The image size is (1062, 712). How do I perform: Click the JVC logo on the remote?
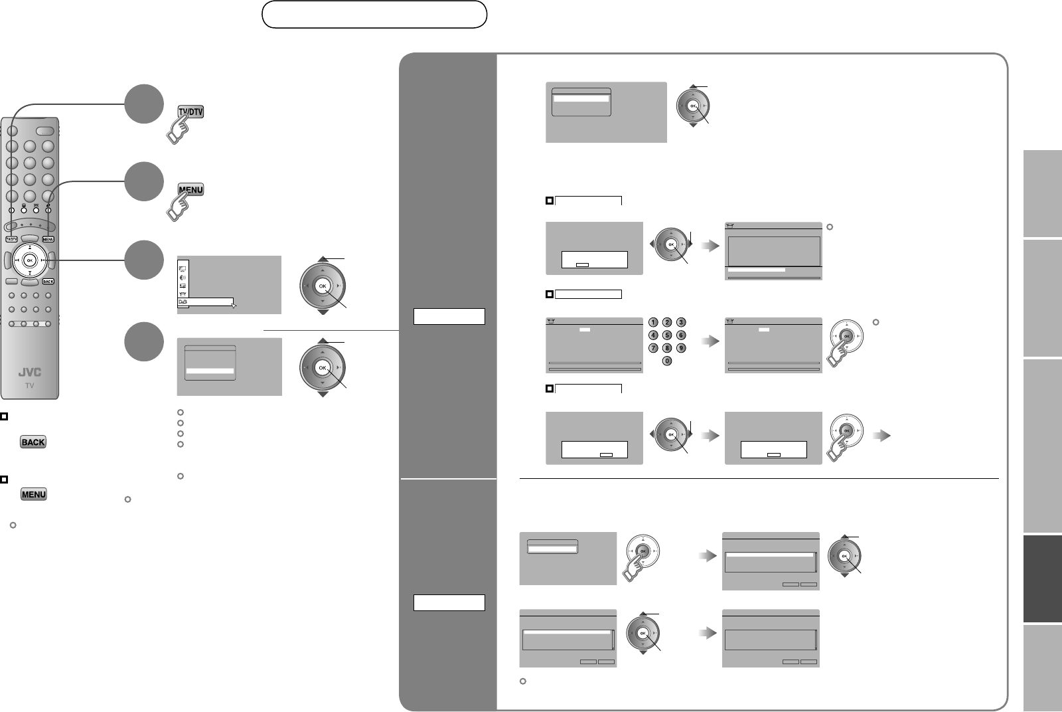click(x=29, y=373)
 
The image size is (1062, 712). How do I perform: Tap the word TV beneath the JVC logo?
click(x=29, y=385)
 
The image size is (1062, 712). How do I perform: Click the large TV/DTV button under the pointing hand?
click(x=190, y=112)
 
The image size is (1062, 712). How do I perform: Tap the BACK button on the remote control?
click(x=48, y=281)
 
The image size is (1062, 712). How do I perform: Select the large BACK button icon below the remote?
click(x=33, y=442)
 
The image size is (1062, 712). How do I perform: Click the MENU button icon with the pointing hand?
click(x=190, y=190)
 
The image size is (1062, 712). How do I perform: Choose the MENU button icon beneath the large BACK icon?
click(x=33, y=495)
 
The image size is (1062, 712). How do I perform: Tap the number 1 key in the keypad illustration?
click(x=654, y=322)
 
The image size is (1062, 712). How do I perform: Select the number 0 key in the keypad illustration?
click(x=667, y=361)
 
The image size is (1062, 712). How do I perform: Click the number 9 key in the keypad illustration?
click(x=680, y=348)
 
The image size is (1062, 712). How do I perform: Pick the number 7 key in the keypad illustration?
click(x=654, y=348)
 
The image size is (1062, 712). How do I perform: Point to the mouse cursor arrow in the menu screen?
click(x=233, y=306)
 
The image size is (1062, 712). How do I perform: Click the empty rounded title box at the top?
click(x=374, y=14)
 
